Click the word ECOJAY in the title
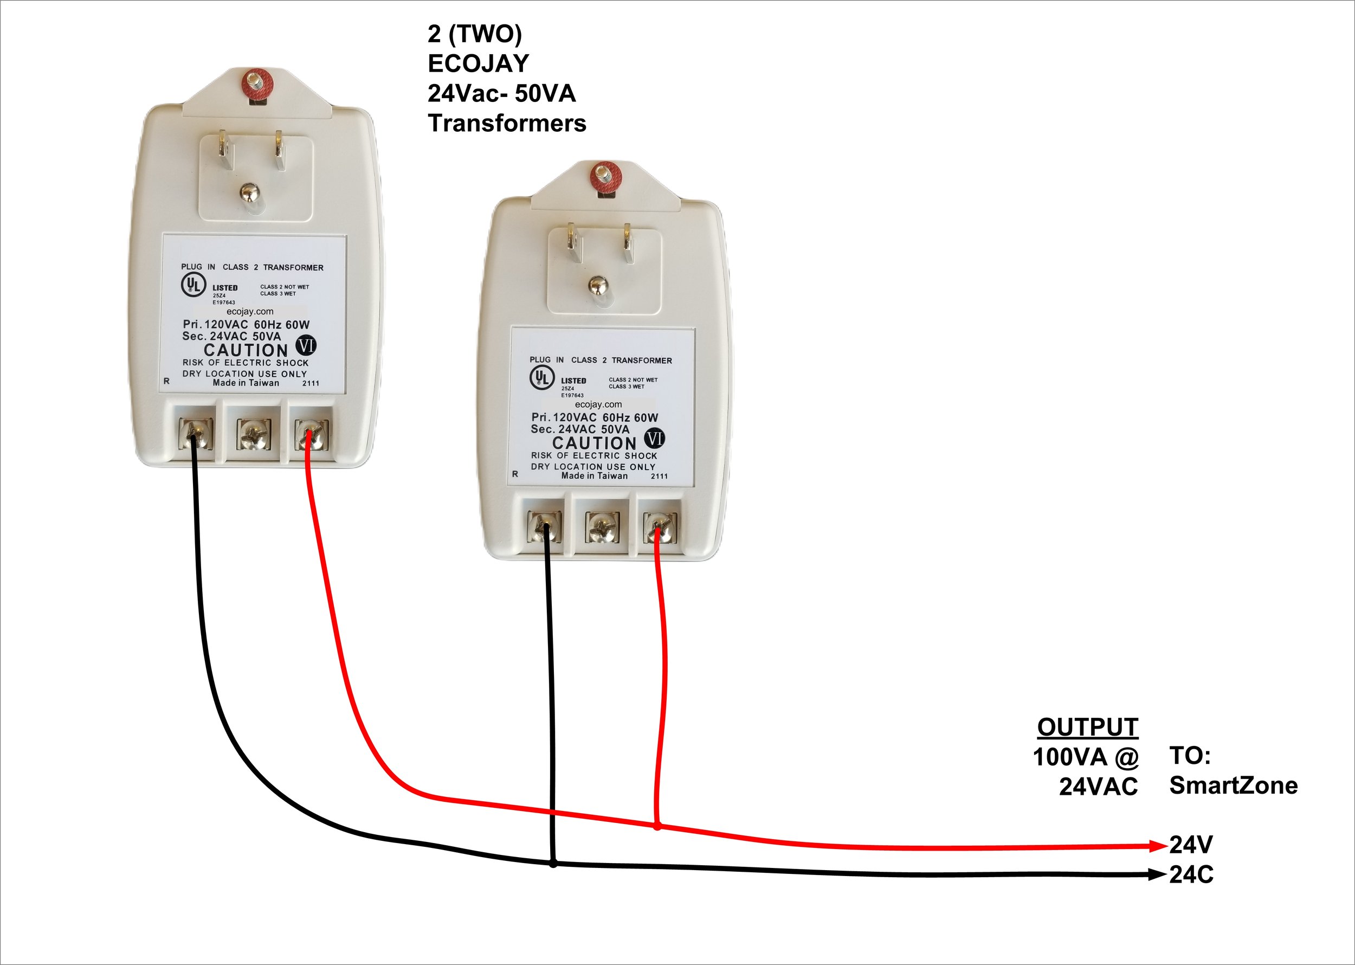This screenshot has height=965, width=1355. tap(478, 63)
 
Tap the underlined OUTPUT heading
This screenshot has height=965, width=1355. tap(1087, 728)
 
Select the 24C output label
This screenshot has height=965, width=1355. tap(1191, 874)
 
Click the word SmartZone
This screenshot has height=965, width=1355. tap(1233, 786)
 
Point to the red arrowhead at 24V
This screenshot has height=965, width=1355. tap(1158, 845)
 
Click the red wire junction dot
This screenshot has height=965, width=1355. tap(657, 827)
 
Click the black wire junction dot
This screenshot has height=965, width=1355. tap(553, 864)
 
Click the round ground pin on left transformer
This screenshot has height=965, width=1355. tap(250, 192)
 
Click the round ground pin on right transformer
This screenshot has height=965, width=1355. tap(599, 286)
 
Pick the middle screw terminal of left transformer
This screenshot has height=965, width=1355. tap(254, 434)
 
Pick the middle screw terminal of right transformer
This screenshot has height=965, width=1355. tap(602, 527)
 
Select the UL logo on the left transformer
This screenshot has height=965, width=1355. tap(193, 284)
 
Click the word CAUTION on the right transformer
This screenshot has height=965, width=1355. tap(594, 443)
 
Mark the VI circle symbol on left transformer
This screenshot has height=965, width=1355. tap(306, 345)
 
